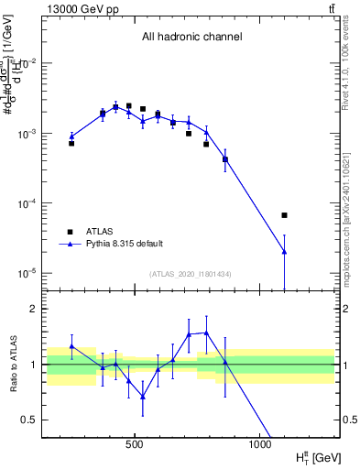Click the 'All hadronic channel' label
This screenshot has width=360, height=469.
pos(191,38)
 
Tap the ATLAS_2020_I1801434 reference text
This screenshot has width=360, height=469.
pos(191,274)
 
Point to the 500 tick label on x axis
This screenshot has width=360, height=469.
pos(135,444)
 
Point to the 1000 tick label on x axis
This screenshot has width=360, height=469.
pos(259,444)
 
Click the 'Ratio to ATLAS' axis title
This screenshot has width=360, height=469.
pos(14,365)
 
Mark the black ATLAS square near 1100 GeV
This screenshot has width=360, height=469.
pos(285,215)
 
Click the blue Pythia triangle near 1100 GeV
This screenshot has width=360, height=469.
pos(285,251)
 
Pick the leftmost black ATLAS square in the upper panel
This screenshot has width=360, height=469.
pos(71,143)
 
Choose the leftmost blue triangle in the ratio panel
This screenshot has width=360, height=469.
pos(71,346)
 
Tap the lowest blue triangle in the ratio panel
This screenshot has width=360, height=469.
pos(143,397)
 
